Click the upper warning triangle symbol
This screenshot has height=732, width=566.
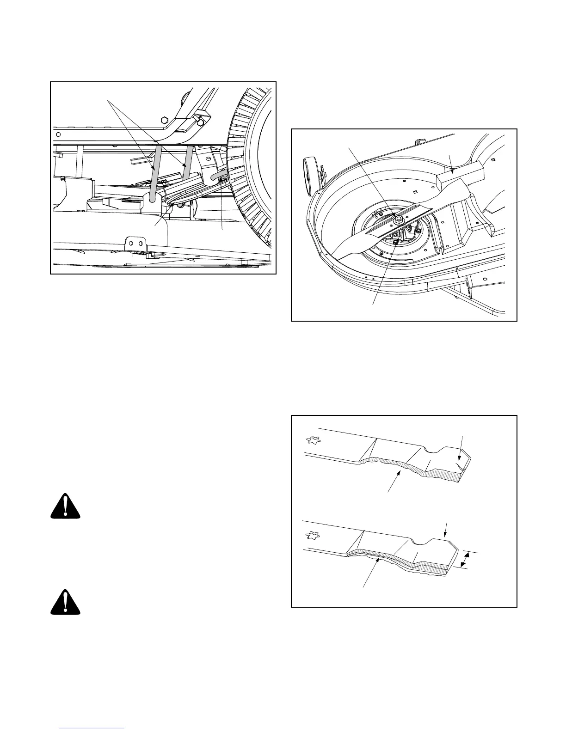[x=66, y=507]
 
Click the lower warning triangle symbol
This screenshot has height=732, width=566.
[x=66, y=602]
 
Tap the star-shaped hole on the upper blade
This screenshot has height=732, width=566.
[x=312, y=440]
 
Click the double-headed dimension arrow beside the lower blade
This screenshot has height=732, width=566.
[x=466, y=561]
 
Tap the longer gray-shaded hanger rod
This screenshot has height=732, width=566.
[x=154, y=173]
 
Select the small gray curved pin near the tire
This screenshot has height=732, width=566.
[x=216, y=175]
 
